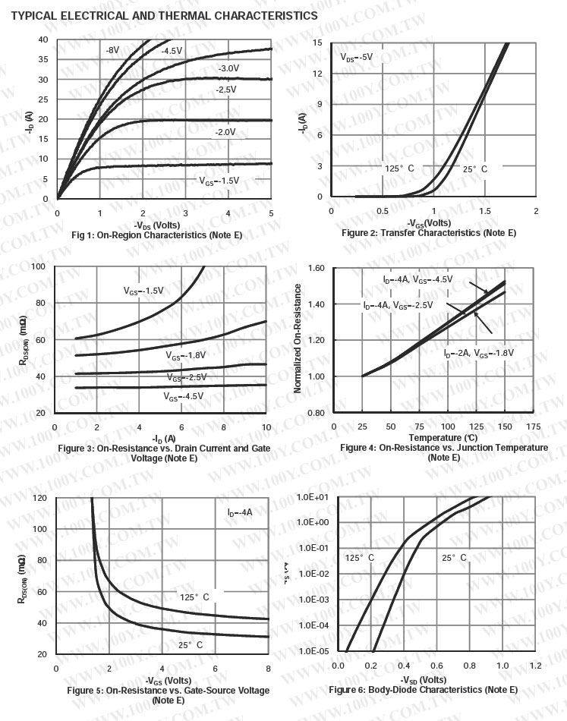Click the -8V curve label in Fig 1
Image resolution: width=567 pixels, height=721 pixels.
[x=112, y=50]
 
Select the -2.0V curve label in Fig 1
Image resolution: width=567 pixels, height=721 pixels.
[x=225, y=132]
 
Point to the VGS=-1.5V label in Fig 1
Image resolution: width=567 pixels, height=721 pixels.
[x=219, y=181]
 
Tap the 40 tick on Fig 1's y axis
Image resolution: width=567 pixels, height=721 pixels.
[x=43, y=39]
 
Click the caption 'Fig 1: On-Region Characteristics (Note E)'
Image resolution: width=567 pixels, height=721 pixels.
[x=156, y=235]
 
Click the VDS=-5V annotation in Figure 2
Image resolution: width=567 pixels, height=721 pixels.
[x=356, y=57]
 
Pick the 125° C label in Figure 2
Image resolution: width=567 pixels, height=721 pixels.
[x=399, y=169]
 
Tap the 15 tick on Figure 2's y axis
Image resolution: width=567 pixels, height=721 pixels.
[x=318, y=43]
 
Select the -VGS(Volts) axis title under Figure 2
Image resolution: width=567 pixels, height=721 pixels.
[x=427, y=222]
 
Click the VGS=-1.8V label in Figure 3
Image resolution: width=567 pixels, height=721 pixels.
[x=186, y=354]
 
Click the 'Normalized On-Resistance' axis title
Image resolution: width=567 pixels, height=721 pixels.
[x=298, y=338]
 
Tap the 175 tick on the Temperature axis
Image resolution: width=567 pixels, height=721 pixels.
[x=534, y=427]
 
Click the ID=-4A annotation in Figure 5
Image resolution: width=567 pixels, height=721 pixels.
[x=240, y=513]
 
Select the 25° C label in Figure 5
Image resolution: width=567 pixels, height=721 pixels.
[x=191, y=645]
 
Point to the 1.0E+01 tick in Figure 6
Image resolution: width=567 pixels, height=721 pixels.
[x=311, y=497]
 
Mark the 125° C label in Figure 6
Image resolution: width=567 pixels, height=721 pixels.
[x=360, y=558]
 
